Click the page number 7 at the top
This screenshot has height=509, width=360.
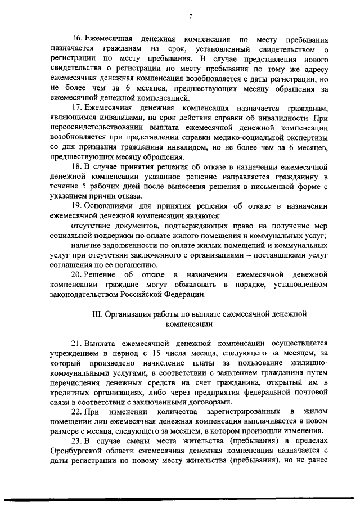(x=191, y=16)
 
